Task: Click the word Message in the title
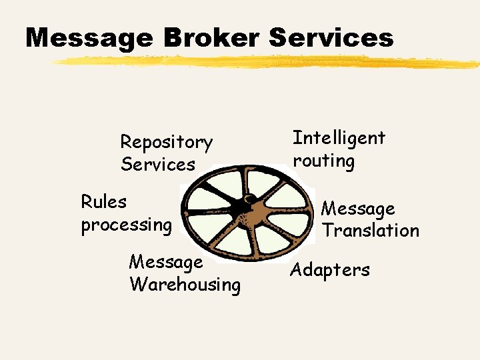pyautogui.click(x=89, y=37)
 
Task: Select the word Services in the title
pyautogui.click(x=331, y=37)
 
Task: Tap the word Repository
pyautogui.click(x=166, y=143)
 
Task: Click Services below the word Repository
pyautogui.click(x=158, y=164)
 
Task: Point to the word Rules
pyautogui.click(x=103, y=201)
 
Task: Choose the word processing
pyautogui.click(x=126, y=225)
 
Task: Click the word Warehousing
pyautogui.click(x=185, y=285)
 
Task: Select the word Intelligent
pyautogui.click(x=339, y=139)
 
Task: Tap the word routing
pyautogui.click(x=323, y=161)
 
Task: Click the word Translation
pyautogui.click(x=371, y=231)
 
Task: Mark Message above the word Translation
pyautogui.click(x=358, y=209)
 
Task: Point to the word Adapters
pyautogui.click(x=329, y=270)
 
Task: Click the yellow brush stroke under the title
pyautogui.click(x=267, y=62)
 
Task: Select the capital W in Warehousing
pyautogui.click(x=138, y=285)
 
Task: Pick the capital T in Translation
pyautogui.click(x=328, y=231)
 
